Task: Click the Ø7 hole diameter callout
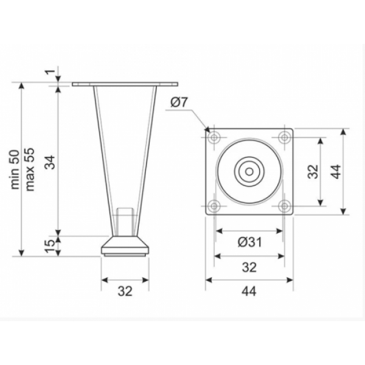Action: (179, 102)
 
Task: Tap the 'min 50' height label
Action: (16, 170)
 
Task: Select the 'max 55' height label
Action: (30, 170)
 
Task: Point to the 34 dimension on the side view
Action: (50, 162)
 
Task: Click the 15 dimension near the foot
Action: (50, 246)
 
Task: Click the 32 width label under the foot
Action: (125, 291)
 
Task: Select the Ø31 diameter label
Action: (249, 242)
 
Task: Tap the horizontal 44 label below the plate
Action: (249, 291)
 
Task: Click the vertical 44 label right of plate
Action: (336, 172)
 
